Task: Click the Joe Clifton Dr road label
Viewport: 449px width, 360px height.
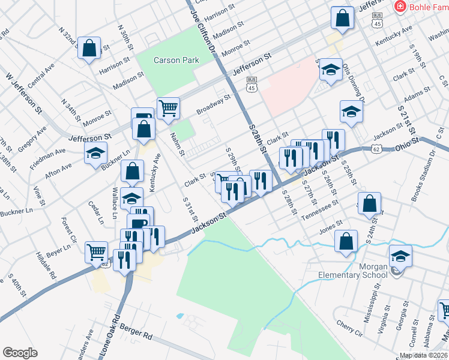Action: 203,29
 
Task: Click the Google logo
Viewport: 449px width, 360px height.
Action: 20,353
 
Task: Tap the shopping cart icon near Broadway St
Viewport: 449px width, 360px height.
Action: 168,108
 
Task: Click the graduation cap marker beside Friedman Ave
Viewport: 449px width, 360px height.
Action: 95,154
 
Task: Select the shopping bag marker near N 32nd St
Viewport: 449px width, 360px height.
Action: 89,49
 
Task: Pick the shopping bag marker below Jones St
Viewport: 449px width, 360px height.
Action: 346,241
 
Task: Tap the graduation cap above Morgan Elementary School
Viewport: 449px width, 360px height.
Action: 400,256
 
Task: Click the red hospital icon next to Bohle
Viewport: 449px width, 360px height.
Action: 399,6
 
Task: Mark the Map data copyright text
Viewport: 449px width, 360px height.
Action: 423,355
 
